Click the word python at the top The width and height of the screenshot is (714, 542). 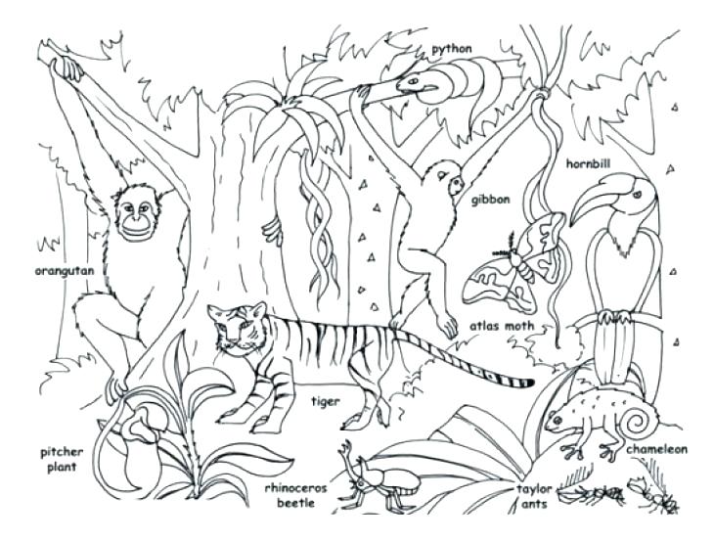pos(451,48)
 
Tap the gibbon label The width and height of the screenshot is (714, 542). pos(490,200)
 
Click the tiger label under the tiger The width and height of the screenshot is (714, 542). pos(325,401)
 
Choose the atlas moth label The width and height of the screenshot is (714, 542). pos(501,327)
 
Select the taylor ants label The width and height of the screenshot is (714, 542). pos(535,494)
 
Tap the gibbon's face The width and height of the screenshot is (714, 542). pos(452,184)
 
